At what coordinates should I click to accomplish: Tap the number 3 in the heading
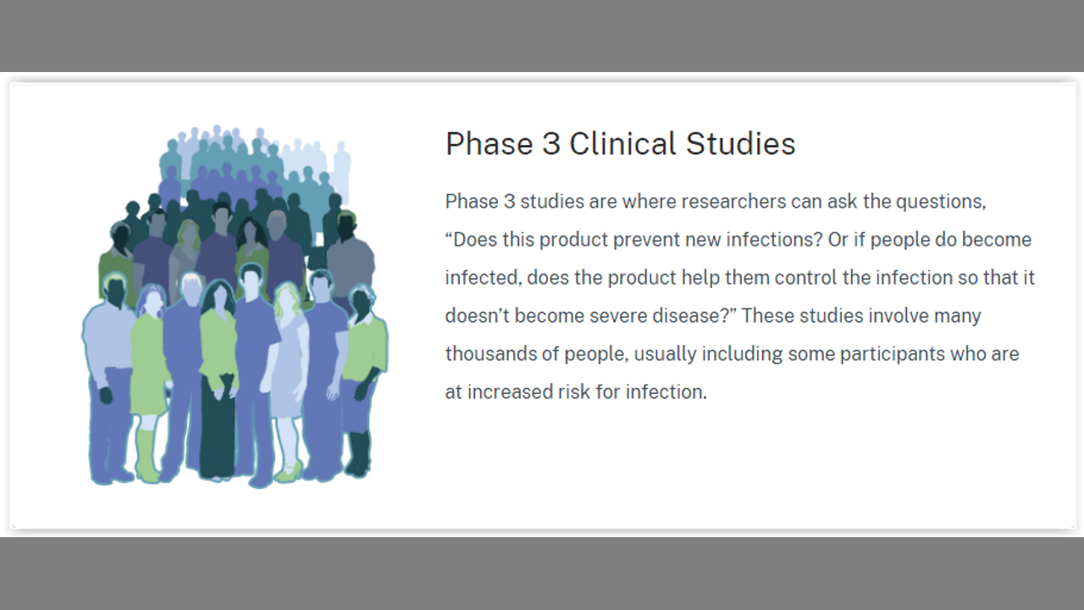pyautogui.click(x=551, y=144)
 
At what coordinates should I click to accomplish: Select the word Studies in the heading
pyautogui.click(x=741, y=144)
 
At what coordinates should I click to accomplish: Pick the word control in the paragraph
pyautogui.click(x=805, y=278)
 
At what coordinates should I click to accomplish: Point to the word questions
pyautogui.click(x=941, y=202)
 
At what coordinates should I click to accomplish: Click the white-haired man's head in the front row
pyautogui.click(x=191, y=288)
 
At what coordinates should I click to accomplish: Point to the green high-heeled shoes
pyautogui.click(x=290, y=472)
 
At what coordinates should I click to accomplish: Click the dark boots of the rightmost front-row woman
pyautogui.click(x=358, y=453)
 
